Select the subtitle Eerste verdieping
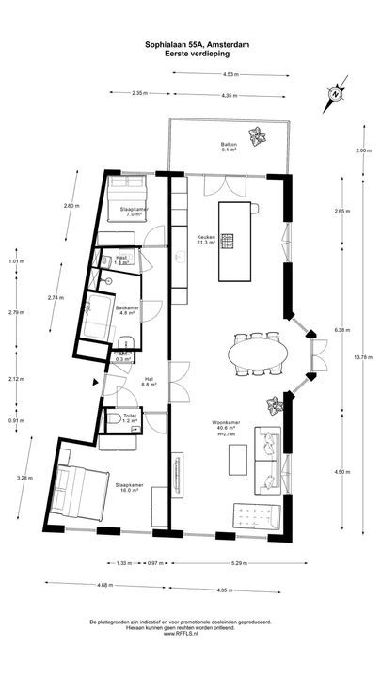tap(189, 54)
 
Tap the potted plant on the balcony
tap(255, 134)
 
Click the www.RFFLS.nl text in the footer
tap(191, 635)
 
